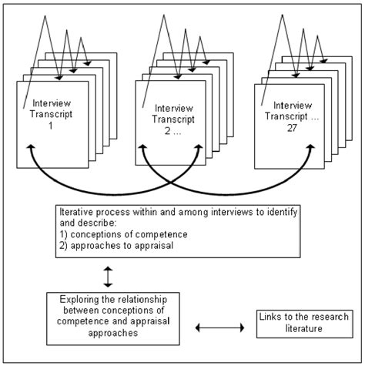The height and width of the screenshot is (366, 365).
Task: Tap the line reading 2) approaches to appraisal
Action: point(111,247)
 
